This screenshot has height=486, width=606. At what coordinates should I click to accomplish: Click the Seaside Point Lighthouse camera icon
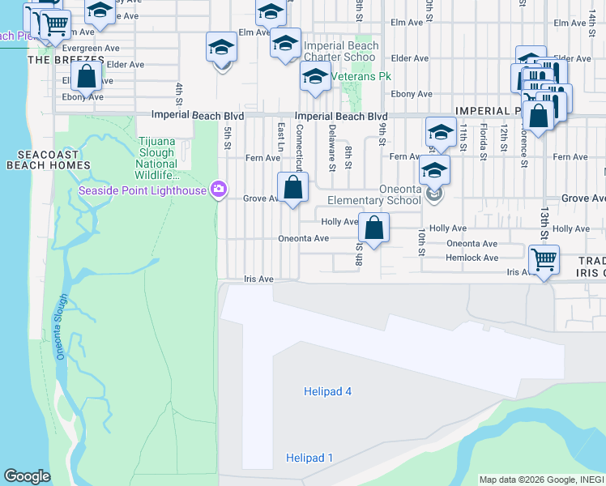pyautogui.click(x=217, y=190)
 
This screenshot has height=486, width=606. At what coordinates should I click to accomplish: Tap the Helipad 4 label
pyautogui.click(x=327, y=391)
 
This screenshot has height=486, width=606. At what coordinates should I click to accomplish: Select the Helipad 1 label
pyautogui.click(x=309, y=458)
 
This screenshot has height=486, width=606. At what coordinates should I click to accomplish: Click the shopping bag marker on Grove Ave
pyautogui.click(x=292, y=189)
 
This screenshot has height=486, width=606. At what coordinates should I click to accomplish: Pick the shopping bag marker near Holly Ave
pyautogui.click(x=373, y=228)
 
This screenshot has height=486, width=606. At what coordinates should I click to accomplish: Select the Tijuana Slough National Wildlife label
pyautogui.click(x=156, y=158)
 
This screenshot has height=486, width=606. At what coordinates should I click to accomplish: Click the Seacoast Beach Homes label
pyautogui.click(x=48, y=160)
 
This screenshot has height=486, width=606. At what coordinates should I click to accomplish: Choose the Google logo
pyautogui.click(x=27, y=477)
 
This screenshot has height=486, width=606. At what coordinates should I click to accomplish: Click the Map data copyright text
pyautogui.click(x=541, y=480)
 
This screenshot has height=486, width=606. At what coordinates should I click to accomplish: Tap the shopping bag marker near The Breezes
pyautogui.click(x=86, y=77)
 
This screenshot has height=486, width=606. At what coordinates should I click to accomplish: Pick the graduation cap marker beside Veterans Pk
pyautogui.click(x=314, y=79)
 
